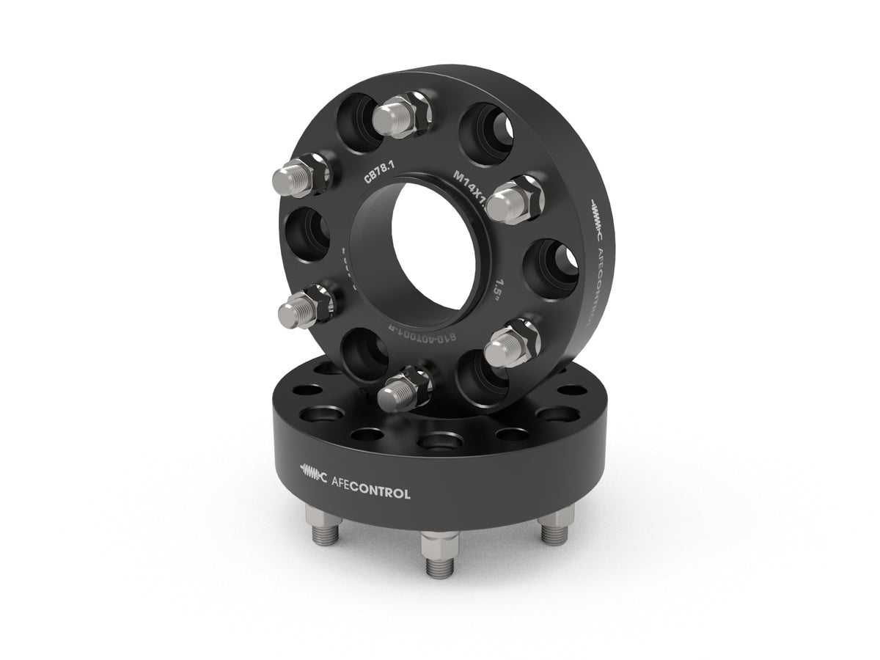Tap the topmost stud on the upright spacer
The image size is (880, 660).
coord(396,115)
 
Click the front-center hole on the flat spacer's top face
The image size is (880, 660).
coord(439,444)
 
